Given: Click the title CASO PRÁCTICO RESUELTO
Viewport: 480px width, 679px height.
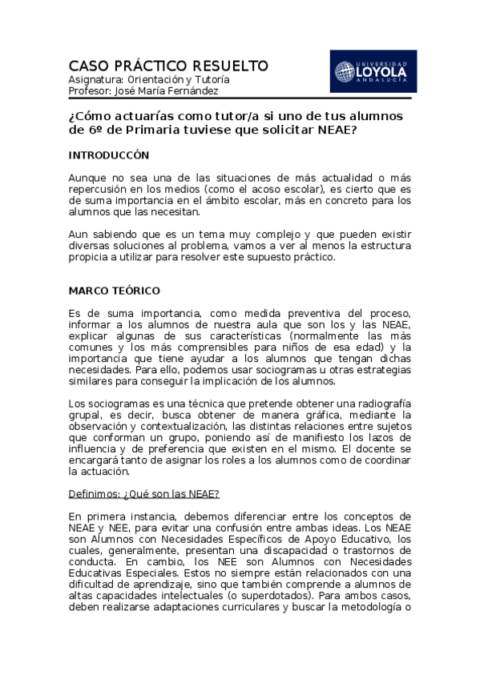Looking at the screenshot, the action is click(168, 66).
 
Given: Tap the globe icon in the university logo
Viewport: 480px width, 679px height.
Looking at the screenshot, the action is click(345, 72).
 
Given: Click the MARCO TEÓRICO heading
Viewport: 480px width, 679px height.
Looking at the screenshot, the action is click(115, 290).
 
